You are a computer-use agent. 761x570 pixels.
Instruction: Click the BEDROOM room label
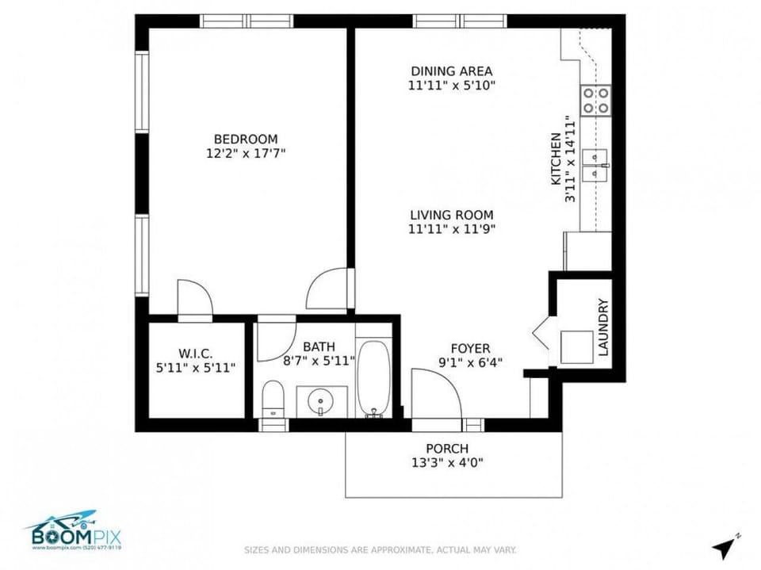tap(245, 139)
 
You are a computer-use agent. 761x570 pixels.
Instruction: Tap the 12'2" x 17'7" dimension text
tap(245, 153)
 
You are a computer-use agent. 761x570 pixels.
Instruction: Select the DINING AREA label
tap(452, 71)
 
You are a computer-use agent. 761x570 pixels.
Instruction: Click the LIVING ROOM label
tap(451, 215)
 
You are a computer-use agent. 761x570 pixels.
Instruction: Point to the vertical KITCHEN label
tap(556, 159)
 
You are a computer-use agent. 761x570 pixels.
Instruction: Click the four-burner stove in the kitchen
tap(596, 101)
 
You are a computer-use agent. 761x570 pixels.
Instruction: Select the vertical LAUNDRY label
tap(603, 327)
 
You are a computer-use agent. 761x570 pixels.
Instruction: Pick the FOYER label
tap(470, 349)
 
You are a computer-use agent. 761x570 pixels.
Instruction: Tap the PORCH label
tap(447, 449)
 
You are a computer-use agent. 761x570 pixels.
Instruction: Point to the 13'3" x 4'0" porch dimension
tap(447, 463)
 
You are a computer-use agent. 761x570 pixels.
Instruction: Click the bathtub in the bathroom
tap(373, 377)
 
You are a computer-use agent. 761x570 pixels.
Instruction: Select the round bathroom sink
tap(320, 401)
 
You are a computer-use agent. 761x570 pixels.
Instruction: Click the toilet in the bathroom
tap(273, 397)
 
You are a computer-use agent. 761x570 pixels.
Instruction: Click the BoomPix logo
tap(72, 530)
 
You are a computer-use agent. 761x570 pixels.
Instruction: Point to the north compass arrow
tap(723, 546)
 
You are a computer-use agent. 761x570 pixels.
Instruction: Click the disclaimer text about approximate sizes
tap(380, 549)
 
